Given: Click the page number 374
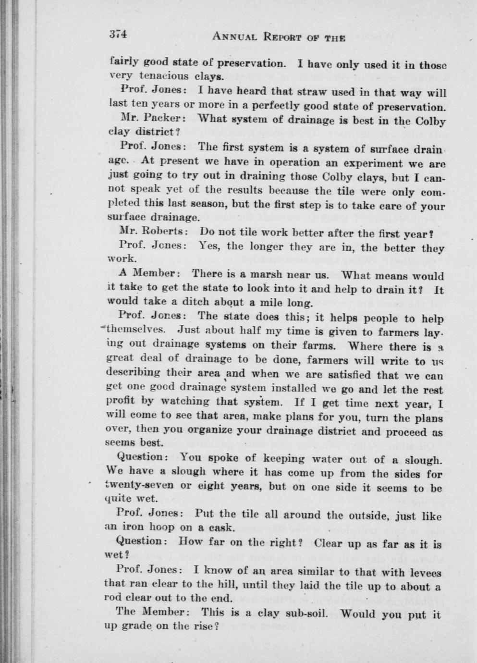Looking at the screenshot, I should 118,35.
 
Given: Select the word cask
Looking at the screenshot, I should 222,528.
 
